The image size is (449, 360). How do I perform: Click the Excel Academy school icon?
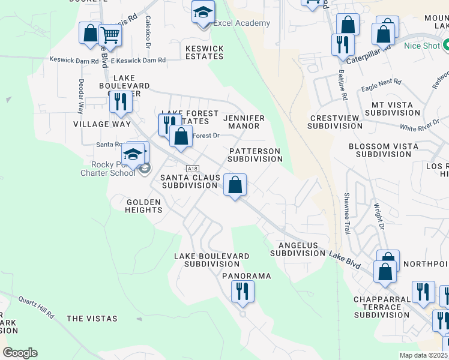click(x=203, y=12)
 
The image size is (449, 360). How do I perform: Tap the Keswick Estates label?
click(x=196, y=52)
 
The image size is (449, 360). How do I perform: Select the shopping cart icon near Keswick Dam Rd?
click(x=110, y=35)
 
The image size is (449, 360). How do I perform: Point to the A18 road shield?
click(x=192, y=169)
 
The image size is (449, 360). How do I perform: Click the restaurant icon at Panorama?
click(x=243, y=292)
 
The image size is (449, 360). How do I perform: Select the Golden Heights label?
click(x=144, y=206)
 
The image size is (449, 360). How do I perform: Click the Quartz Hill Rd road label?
click(x=36, y=307)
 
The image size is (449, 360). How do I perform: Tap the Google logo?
click(x=20, y=353)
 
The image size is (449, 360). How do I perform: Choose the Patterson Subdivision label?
click(x=255, y=155)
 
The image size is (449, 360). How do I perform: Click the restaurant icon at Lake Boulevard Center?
click(x=121, y=103)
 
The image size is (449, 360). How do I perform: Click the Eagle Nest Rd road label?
click(x=381, y=85)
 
